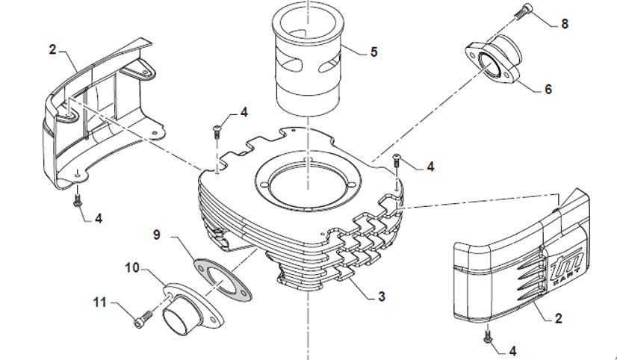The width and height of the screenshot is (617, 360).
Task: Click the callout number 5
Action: pos(373,52)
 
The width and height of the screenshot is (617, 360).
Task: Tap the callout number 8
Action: pos(564,24)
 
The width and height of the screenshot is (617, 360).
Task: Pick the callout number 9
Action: pos(157,235)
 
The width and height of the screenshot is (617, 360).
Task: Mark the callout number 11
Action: pos(102,302)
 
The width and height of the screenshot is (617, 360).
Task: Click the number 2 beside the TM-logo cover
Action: pos(559,319)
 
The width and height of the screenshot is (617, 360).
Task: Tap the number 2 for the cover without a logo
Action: pos(52,50)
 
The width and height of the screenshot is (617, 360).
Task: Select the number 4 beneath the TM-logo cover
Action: pos(512,350)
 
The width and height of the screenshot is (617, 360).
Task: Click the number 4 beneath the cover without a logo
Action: pos(99,219)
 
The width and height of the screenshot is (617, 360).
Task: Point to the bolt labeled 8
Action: pos(521,11)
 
